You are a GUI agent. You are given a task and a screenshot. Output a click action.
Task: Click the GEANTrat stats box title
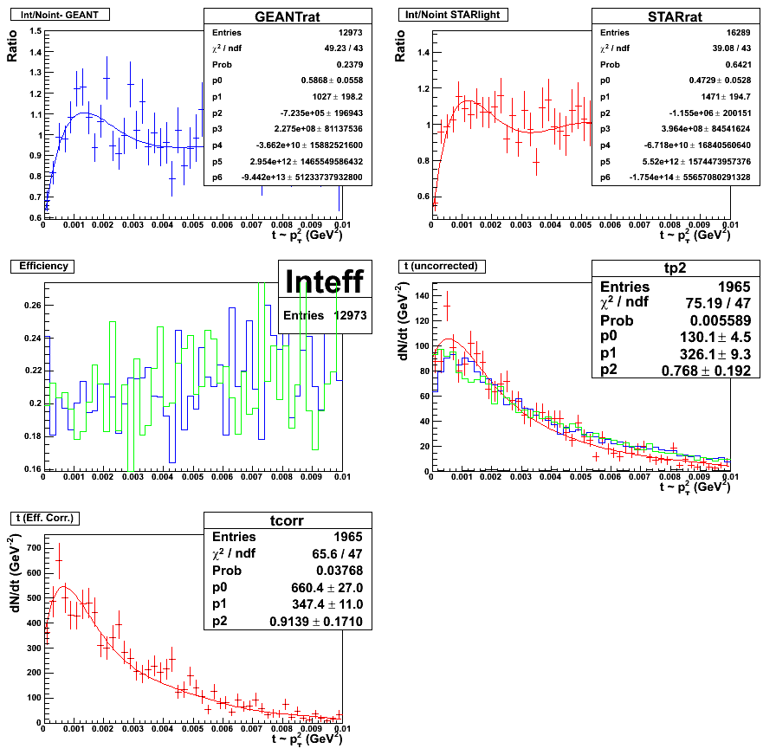click(288, 16)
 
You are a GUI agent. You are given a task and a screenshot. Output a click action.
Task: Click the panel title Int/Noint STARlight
click(453, 15)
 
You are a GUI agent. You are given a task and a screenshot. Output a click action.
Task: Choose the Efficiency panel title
click(43, 266)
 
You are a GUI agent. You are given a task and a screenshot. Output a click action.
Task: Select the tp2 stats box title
click(676, 268)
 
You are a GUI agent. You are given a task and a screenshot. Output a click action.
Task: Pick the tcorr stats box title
click(288, 519)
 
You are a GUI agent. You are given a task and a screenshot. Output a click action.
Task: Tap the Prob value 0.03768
click(339, 570)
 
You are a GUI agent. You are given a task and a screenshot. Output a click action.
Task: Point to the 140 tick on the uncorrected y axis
click(419, 296)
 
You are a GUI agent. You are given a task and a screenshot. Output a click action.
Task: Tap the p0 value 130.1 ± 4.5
click(725, 337)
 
